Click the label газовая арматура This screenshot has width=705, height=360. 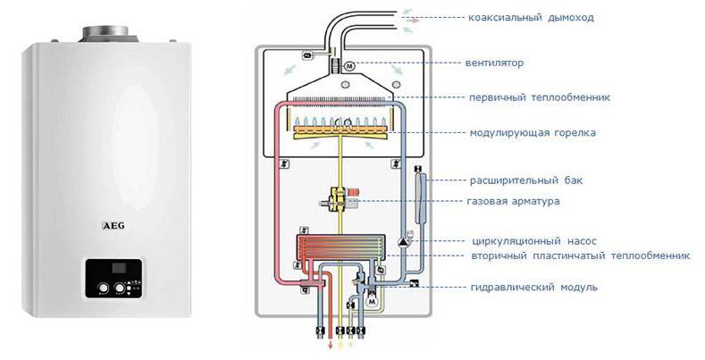514,201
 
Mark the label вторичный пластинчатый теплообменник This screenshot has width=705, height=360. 581,255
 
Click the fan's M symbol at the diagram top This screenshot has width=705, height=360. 349,65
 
